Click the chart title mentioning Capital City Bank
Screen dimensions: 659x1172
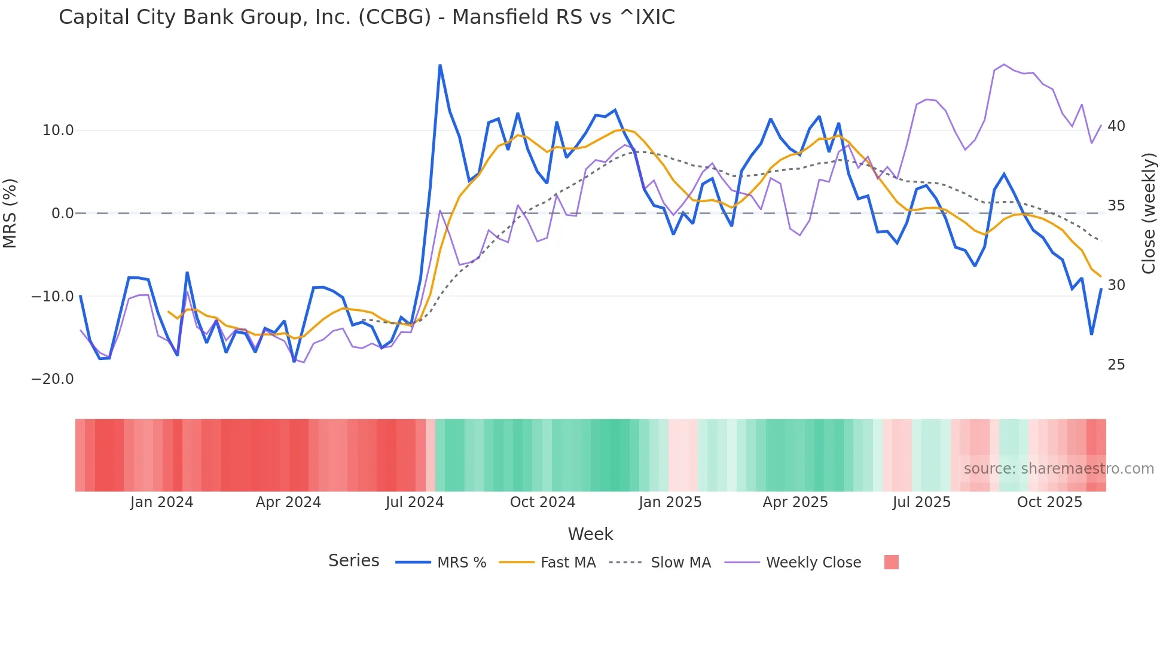pyautogui.click(x=367, y=17)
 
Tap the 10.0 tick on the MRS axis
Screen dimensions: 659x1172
pyautogui.click(x=58, y=130)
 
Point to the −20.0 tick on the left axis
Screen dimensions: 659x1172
pyautogui.click(x=53, y=379)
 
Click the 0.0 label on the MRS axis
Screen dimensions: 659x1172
pyautogui.click(x=63, y=213)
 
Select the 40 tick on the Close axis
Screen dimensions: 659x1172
pyautogui.click(x=1116, y=126)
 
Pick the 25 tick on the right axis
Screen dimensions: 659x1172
pyautogui.click(x=1116, y=365)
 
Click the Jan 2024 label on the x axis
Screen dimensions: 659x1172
pyautogui.click(x=161, y=502)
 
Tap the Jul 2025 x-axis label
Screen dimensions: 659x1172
pyautogui.click(x=921, y=502)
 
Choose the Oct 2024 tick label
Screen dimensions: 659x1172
pyautogui.click(x=542, y=502)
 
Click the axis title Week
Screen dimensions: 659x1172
pyautogui.click(x=590, y=534)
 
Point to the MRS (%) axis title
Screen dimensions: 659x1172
pyautogui.click(x=10, y=213)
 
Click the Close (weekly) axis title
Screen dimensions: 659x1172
pyautogui.click(x=1148, y=213)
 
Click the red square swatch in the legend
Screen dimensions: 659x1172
pyautogui.click(x=891, y=562)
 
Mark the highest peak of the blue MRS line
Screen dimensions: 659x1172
pyautogui.click(x=440, y=65)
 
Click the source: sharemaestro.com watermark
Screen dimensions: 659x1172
pyautogui.click(x=1058, y=469)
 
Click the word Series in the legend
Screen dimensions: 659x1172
pyautogui.click(x=353, y=561)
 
